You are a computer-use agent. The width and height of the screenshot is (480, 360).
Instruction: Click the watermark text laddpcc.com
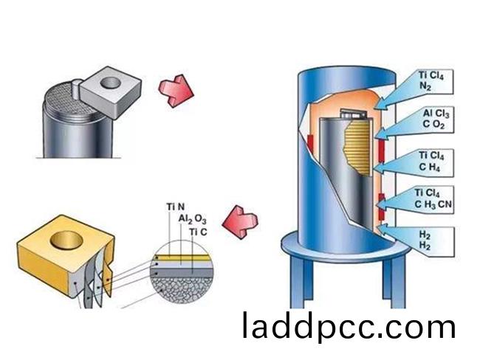[348, 325]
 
